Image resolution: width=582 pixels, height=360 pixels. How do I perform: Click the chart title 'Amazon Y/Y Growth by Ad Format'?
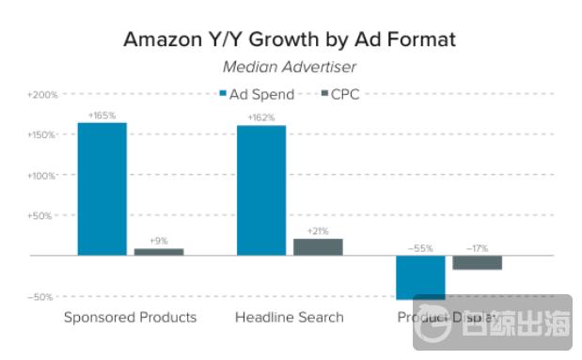pos(290,40)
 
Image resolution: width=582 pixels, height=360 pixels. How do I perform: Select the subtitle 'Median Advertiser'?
pos(289,67)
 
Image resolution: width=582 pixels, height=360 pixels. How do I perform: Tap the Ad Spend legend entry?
pos(257,94)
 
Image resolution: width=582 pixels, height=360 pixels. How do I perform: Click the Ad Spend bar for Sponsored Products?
pos(102,189)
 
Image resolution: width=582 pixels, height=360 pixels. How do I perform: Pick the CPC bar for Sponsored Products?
pos(159,252)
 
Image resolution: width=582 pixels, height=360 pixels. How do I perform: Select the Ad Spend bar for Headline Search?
pos(261,190)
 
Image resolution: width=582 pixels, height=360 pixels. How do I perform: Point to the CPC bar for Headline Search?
pos(318,247)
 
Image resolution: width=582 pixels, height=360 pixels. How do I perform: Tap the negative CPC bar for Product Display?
pos(478,262)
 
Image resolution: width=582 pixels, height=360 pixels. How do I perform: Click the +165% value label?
pos(102,116)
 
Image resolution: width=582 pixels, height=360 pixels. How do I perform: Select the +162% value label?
pos(261,117)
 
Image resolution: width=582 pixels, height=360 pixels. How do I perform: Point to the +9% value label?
pos(159,241)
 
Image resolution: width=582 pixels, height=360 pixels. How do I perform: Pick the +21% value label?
pos(318,231)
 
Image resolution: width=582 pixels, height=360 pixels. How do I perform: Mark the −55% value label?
pos(420,248)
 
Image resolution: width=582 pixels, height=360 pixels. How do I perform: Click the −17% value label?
pos(478,248)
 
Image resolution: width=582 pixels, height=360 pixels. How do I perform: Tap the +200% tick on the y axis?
pos(42,95)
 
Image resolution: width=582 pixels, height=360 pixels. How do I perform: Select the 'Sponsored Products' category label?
pos(130,318)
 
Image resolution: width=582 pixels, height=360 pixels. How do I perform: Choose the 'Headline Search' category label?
pos(290,318)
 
